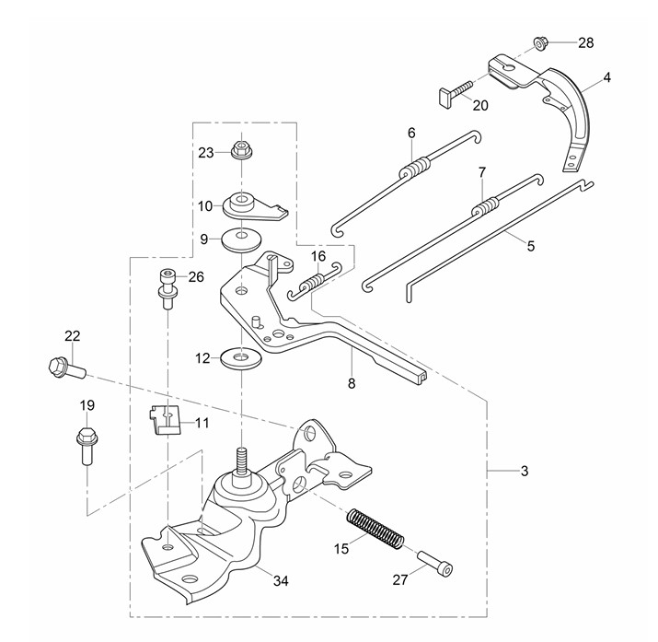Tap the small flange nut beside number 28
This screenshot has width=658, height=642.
(x=539, y=42)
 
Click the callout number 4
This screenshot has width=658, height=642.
(x=607, y=80)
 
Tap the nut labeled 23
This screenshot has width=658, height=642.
(x=241, y=149)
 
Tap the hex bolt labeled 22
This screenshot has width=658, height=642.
(x=63, y=368)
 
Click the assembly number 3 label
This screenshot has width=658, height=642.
(x=524, y=472)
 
